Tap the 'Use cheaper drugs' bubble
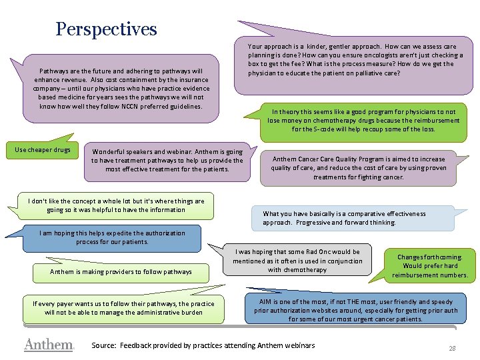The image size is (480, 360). point(43,150)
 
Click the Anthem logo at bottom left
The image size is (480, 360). point(48,345)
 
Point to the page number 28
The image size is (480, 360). point(451,349)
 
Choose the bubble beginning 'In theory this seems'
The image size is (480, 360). point(363,120)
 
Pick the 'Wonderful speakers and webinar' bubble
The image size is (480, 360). point(167,161)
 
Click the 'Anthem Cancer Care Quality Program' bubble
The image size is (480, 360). point(358,168)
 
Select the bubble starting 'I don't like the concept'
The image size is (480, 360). point(116,205)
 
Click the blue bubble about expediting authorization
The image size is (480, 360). point(112,237)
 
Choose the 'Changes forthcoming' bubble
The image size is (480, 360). point(430,265)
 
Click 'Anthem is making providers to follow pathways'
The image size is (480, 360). point(121,271)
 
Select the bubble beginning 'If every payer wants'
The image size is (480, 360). point(123,308)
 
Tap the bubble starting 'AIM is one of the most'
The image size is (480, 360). point(355,310)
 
